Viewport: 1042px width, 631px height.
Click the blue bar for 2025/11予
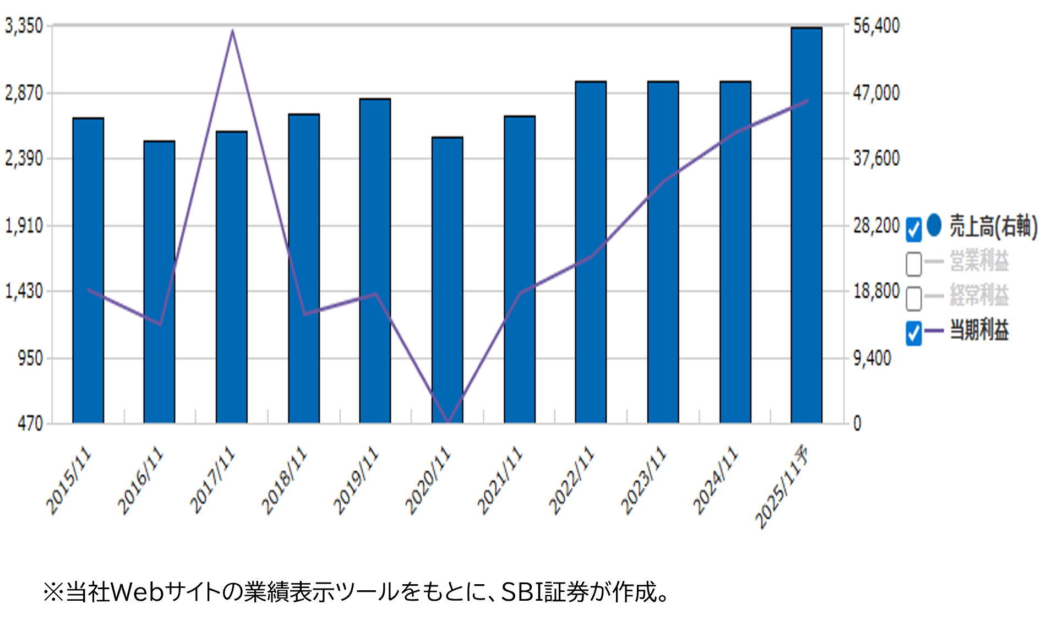click(x=806, y=226)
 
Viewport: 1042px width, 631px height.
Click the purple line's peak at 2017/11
click(x=232, y=31)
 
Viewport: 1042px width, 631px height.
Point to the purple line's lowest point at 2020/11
click(x=448, y=422)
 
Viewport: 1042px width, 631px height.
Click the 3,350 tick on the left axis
click(x=24, y=25)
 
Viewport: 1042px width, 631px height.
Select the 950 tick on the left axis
click(x=30, y=358)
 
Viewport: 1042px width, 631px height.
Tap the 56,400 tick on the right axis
click(x=876, y=25)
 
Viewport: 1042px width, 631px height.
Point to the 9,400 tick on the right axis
click(x=872, y=358)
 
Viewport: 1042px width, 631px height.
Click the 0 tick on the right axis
click(x=857, y=423)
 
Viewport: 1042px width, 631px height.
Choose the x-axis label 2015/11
click(x=69, y=480)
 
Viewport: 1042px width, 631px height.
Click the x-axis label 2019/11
click(x=356, y=480)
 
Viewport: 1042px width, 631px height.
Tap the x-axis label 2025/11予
click(x=782, y=487)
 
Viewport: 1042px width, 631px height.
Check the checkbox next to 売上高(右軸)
click(x=914, y=230)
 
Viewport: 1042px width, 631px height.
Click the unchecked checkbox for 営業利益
click(x=914, y=263)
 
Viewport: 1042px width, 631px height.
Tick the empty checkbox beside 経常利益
click(x=914, y=298)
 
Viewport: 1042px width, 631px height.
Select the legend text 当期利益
click(x=979, y=330)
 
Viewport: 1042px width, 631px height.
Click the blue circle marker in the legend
click(x=934, y=225)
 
